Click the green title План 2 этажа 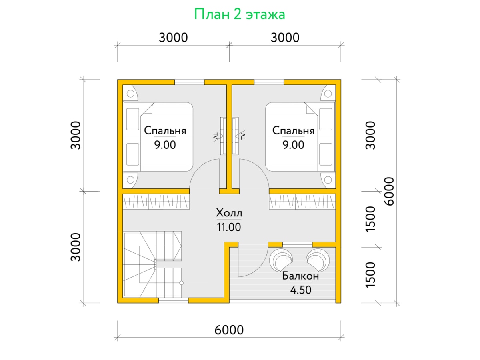[x=240, y=15]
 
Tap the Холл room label [x=229, y=213]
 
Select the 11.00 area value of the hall [x=229, y=227]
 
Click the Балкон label [x=300, y=276]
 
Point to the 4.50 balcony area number [x=301, y=290]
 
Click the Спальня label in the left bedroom [x=165, y=131]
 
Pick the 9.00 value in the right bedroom [x=293, y=145]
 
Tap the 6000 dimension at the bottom [x=229, y=330]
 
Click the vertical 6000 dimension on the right [x=389, y=191]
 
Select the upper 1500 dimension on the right [x=370, y=219]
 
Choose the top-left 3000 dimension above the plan [x=173, y=38]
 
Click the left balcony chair [x=281, y=260]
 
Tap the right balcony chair [x=318, y=260]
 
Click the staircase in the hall [x=152, y=264]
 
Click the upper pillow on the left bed [x=133, y=119]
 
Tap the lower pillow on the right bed [x=326, y=154]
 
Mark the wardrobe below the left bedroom [x=156, y=202]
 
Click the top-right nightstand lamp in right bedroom [x=328, y=94]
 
